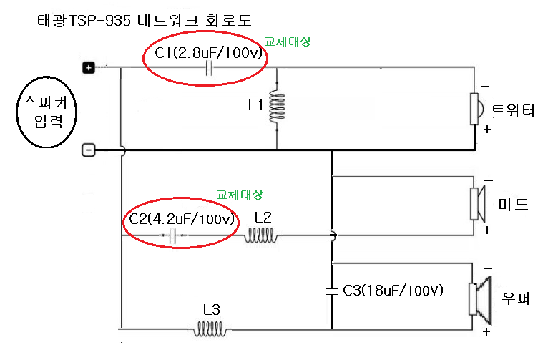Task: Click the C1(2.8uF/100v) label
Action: coord(206,52)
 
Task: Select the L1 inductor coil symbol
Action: coord(274,108)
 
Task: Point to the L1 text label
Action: coord(255,105)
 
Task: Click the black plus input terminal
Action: coord(88,68)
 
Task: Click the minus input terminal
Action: coord(88,150)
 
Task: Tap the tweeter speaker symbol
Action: coord(476,107)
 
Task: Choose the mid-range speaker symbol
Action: coord(477,204)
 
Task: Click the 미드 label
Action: coord(513,205)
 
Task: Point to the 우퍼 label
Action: coord(515,297)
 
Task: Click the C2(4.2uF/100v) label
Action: coord(182,219)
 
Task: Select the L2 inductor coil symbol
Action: coord(262,235)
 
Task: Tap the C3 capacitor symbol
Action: coord(331,290)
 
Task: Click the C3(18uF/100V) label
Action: coord(393,290)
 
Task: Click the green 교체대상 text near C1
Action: coord(288,42)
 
